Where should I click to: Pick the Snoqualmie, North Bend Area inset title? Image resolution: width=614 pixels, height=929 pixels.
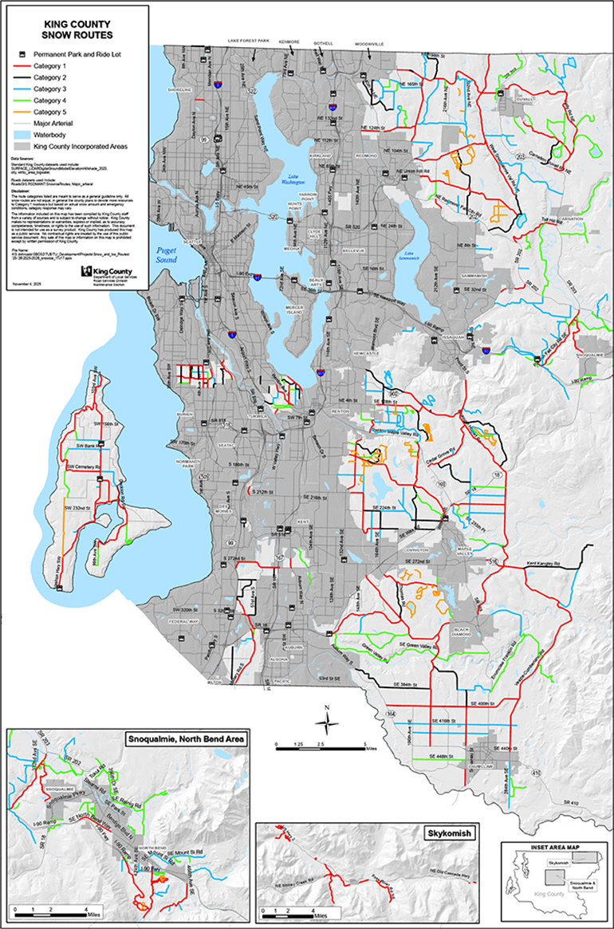pyautogui.click(x=187, y=738)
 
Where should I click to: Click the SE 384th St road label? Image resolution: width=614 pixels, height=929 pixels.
pyautogui.click(x=411, y=685)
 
